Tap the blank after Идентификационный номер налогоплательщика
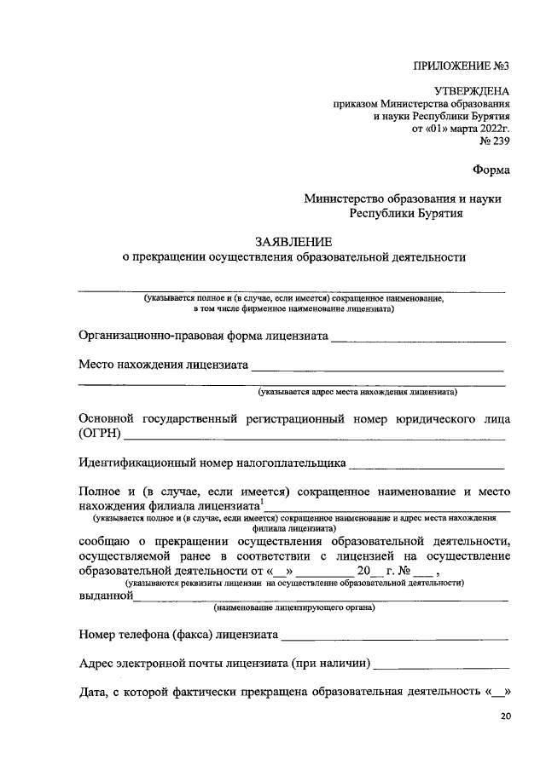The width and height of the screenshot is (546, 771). click(427, 464)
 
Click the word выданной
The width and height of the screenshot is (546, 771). click(105, 596)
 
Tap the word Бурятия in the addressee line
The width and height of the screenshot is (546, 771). click(434, 215)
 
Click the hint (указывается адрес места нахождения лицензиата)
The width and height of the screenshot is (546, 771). click(358, 393)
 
